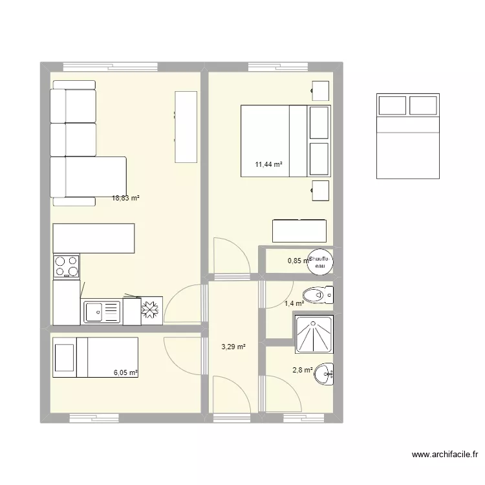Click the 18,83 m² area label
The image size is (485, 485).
click(126, 199)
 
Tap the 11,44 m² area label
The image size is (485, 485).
click(269, 164)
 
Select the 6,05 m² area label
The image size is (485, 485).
click(126, 372)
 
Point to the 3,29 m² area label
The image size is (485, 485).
click(233, 347)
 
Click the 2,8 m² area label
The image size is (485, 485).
click(303, 370)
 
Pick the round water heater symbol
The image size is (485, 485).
click(320, 260)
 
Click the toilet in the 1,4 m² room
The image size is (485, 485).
click(321, 295)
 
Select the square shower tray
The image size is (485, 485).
click(314, 334)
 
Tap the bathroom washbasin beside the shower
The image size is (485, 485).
click(328, 372)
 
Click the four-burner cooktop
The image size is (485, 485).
click(67, 265)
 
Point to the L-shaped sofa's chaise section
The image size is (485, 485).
click(88, 177)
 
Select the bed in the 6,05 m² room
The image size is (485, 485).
click(95, 356)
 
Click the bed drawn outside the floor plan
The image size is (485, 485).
click(408, 136)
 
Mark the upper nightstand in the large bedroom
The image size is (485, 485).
click(321, 90)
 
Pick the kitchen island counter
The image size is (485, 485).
click(94, 239)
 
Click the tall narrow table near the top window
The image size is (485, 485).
click(186, 127)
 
